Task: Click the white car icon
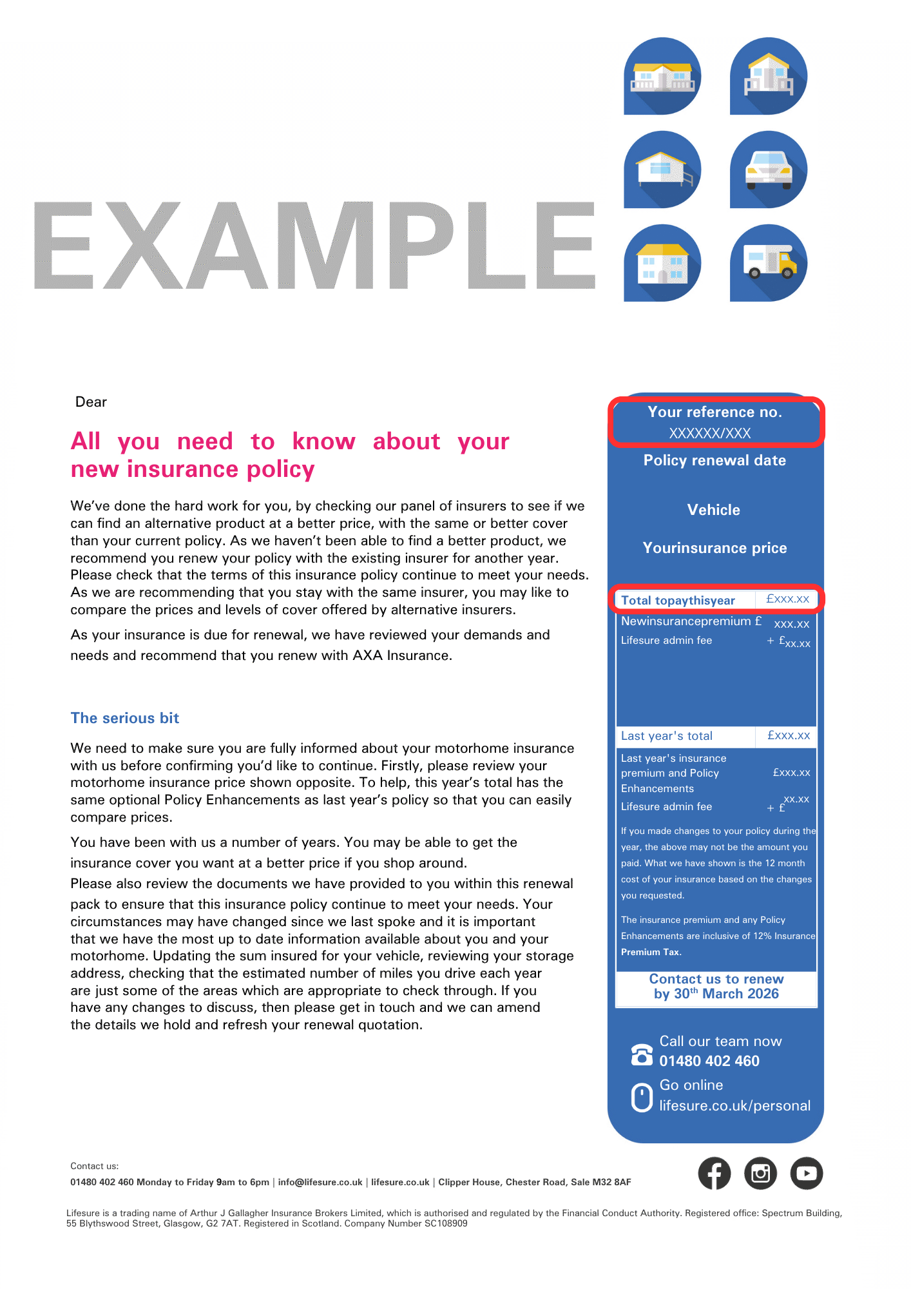[x=768, y=170]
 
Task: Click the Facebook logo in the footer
[x=714, y=1174]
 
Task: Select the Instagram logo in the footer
[x=760, y=1174]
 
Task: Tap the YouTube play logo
[x=807, y=1174]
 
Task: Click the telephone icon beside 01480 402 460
[x=642, y=1054]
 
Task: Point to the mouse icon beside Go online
[x=642, y=1098]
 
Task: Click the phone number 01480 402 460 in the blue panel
[x=709, y=1061]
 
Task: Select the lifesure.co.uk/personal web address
[x=734, y=1106]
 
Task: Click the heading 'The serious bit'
[x=125, y=718]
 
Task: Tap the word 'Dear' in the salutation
[x=91, y=402]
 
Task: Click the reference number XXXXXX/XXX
[x=710, y=433]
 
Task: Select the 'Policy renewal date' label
[x=714, y=460]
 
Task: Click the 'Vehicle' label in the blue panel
[x=714, y=510]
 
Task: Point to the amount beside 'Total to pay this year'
[x=787, y=599]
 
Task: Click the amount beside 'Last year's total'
[x=789, y=735]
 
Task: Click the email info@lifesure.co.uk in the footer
[x=320, y=1182]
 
